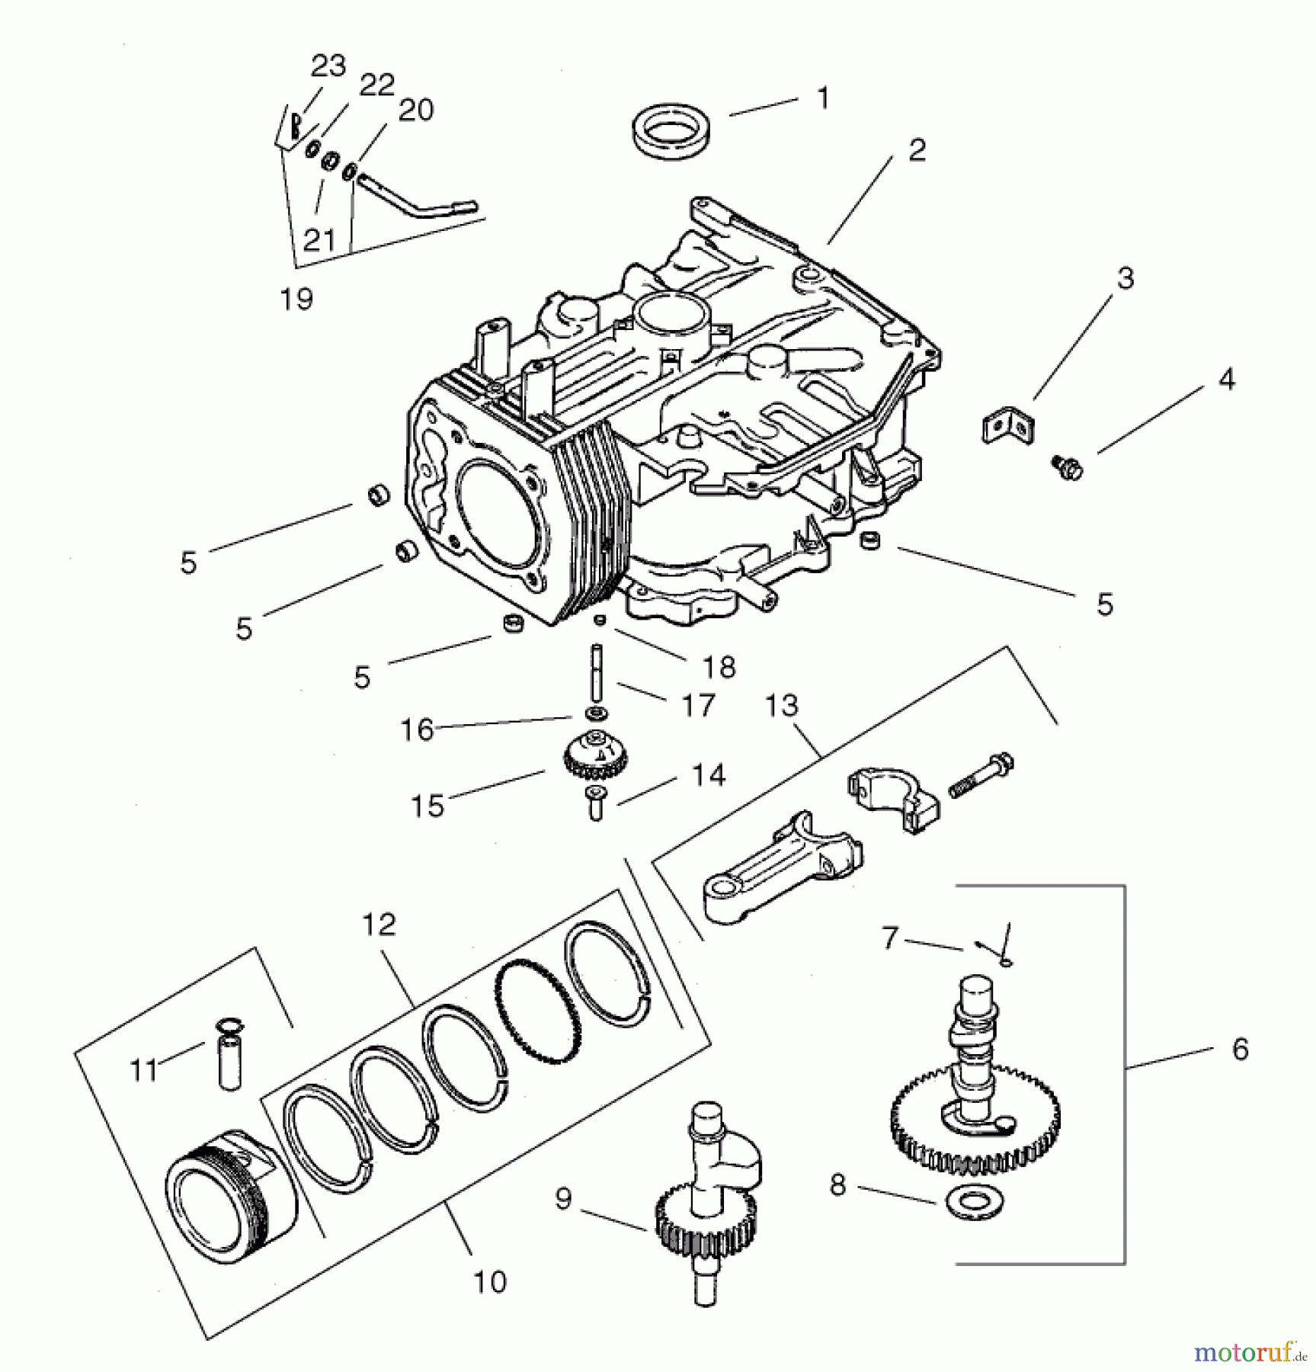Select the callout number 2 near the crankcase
(x=917, y=150)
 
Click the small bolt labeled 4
(x=1067, y=466)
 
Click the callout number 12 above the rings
(x=379, y=924)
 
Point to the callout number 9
(x=562, y=1199)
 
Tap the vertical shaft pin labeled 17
(x=594, y=675)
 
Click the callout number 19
(x=296, y=299)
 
